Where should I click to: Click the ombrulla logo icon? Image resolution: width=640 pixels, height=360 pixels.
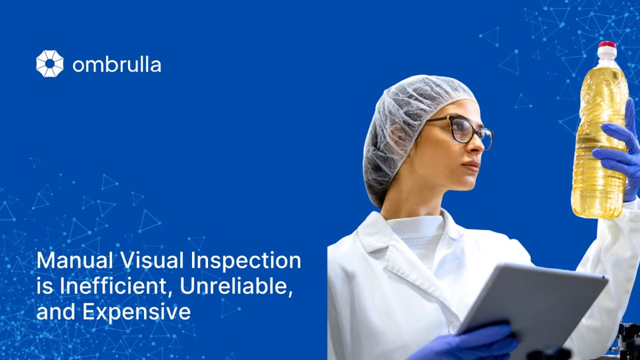click(x=50, y=63)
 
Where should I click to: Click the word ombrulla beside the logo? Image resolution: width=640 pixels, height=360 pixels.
click(x=116, y=65)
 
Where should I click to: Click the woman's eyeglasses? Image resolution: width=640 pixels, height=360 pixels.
click(x=463, y=129)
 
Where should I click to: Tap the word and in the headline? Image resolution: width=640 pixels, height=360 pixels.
click(x=56, y=312)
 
